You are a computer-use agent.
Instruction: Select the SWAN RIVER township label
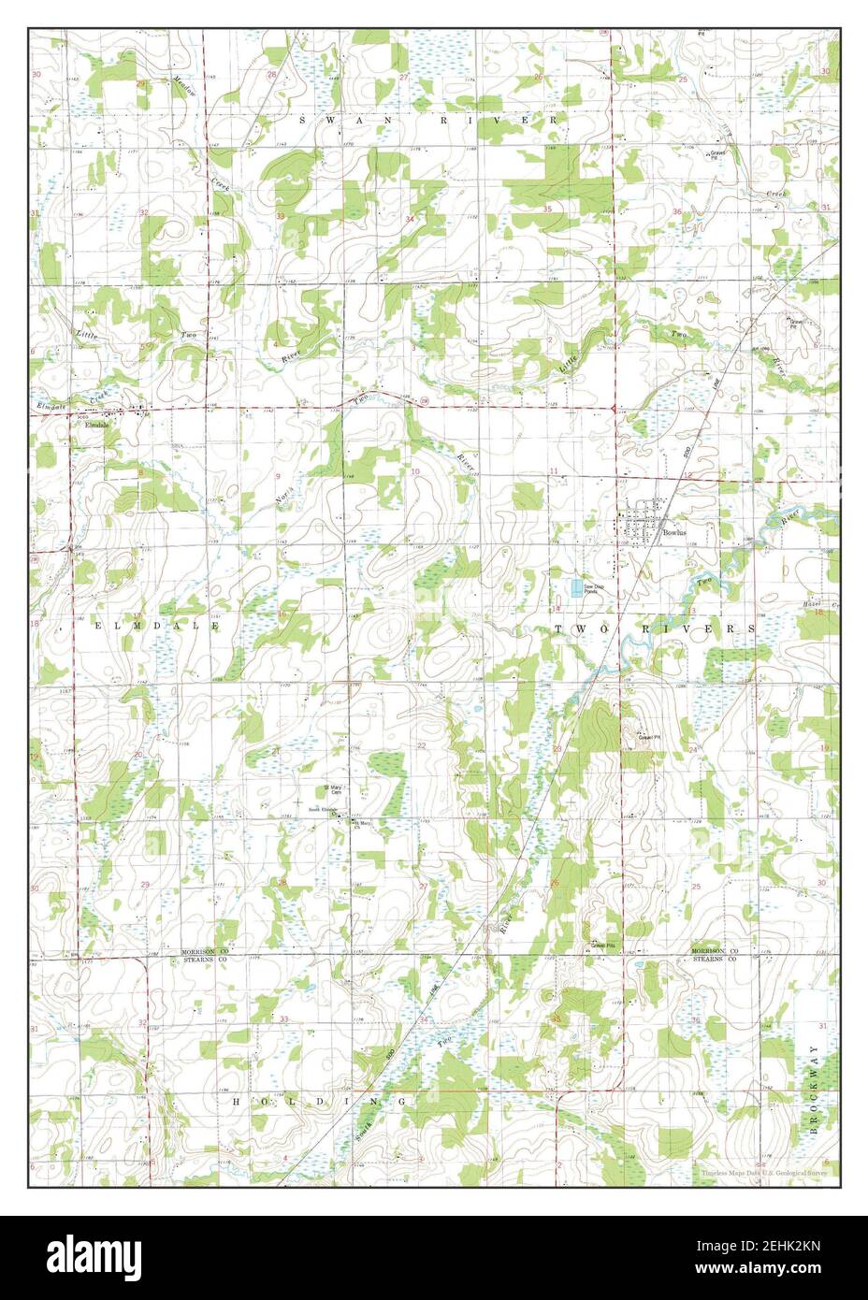427,121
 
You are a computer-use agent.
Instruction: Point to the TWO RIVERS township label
655,628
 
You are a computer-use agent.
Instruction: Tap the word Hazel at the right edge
810,604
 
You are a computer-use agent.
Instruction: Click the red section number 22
422,745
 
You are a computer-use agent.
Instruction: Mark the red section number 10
414,471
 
